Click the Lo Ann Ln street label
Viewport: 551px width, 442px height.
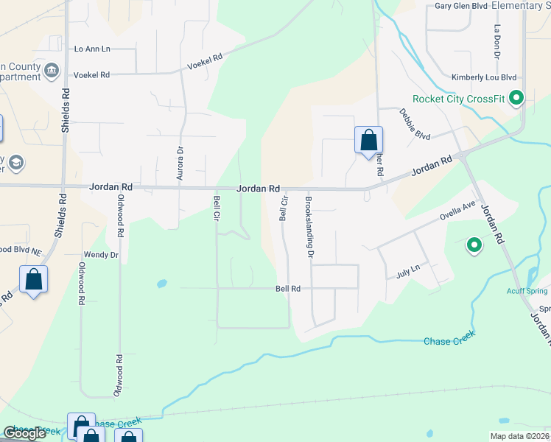point(92,49)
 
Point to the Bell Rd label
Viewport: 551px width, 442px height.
point(289,289)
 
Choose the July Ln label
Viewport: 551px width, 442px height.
point(408,272)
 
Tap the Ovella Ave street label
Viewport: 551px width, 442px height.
point(458,212)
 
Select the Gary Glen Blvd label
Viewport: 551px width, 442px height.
point(462,5)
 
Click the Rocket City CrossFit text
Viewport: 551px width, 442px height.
point(458,99)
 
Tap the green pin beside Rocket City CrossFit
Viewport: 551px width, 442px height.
point(516,97)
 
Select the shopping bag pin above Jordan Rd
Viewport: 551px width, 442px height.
point(368,140)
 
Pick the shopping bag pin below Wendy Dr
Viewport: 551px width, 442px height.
point(34,279)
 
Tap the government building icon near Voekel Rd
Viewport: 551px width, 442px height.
point(52,71)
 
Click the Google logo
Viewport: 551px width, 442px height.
point(24,432)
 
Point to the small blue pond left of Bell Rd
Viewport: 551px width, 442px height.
point(161,283)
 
